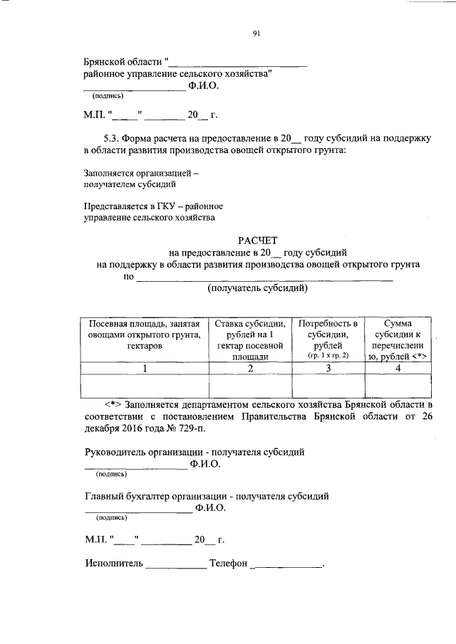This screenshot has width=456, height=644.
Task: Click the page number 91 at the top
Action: [256, 32]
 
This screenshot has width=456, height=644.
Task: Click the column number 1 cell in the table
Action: [145, 368]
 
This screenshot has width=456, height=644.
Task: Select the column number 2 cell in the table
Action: [250, 368]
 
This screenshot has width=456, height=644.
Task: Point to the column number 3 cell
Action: [328, 368]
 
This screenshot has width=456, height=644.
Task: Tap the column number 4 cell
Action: [398, 368]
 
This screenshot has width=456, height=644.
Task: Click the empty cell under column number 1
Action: [145, 385]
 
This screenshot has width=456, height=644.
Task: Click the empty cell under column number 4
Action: [398, 385]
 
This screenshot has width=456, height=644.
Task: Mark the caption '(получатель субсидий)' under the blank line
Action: [258, 288]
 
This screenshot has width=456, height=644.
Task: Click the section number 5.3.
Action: [112, 137]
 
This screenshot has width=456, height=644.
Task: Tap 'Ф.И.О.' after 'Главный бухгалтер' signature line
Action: [210, 508]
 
